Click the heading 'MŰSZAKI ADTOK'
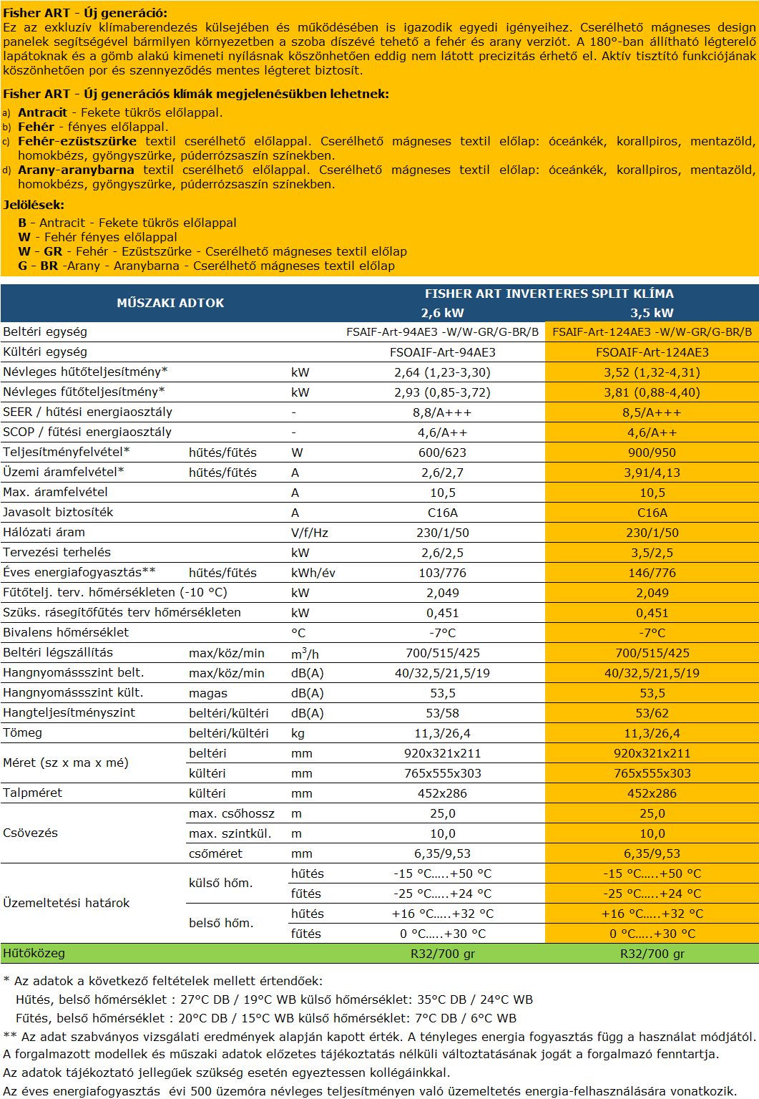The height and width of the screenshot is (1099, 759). coord(170,303)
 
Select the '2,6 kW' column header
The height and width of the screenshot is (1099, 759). coord(442,313)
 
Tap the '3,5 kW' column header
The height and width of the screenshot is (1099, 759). coord(652,313)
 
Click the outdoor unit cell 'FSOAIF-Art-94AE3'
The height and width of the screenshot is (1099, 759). coord(442,352)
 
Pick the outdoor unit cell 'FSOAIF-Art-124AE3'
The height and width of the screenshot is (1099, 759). coord(652,352)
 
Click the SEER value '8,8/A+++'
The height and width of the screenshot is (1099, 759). coord(442,412)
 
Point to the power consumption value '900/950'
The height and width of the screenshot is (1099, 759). coord(652,452)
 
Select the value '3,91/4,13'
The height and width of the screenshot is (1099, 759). coord(652,473)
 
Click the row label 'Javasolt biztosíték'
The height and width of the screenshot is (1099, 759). coord(58,513)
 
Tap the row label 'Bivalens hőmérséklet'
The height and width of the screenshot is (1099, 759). coord(66,633)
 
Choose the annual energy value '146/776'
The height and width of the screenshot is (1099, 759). coord(652,573)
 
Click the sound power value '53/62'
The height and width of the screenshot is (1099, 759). coord(652,713)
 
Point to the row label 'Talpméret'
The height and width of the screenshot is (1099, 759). coord(32,793)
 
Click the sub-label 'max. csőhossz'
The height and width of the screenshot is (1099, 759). coord(231,813)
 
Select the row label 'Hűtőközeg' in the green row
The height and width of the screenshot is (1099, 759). coord(34,954)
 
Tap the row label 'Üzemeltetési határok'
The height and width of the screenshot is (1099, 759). coord(66,904)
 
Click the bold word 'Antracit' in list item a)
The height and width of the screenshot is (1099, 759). coord(42,112)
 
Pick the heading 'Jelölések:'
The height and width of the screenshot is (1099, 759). coord(34,205)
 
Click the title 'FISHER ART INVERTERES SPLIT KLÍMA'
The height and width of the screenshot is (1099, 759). coord(549,294)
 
